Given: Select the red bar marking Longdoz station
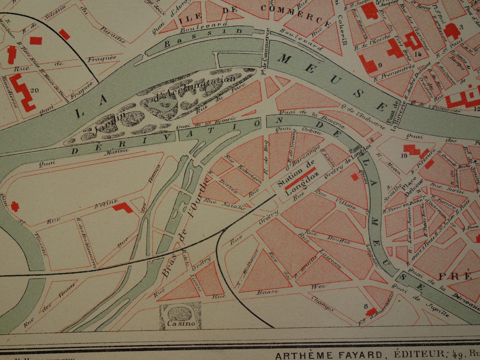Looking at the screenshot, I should (300, 178).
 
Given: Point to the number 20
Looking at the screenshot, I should (35, 89).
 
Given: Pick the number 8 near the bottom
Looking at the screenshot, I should (366, 306).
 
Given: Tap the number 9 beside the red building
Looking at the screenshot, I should (379, 65).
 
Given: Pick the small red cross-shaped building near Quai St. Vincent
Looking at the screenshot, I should (15, 206).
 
